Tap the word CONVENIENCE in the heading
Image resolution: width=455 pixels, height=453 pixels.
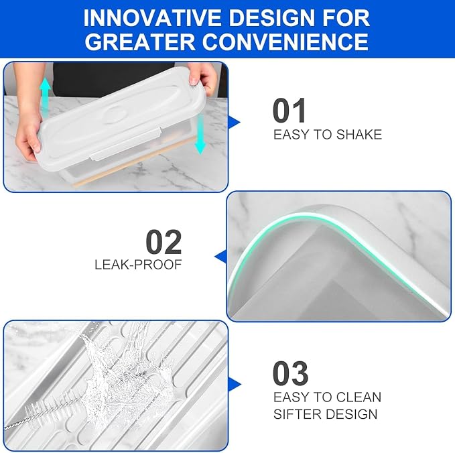click(285, 42)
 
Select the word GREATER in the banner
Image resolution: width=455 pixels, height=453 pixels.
click(140, 42)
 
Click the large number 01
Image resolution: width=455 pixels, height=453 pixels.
click(289, 111)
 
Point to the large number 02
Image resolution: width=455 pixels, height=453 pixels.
click(164, 242)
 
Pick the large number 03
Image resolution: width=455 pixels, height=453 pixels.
click(290, 373)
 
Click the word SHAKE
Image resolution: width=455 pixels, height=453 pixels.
click(359, 135)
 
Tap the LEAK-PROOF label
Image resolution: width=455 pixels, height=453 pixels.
click(138, 265)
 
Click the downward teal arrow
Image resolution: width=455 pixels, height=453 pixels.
click(200, 134)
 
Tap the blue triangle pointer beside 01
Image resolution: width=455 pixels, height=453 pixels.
click(234, 122)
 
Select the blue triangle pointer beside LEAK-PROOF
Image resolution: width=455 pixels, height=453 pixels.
click(220, 257)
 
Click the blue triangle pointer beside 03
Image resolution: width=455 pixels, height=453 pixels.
click(235, 384)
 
